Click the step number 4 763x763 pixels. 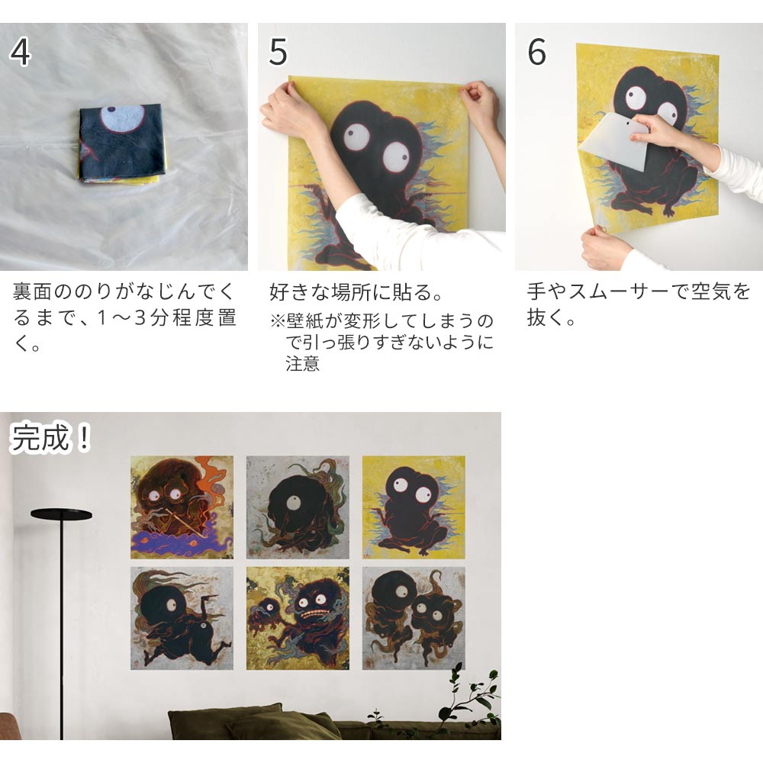pos(20,52)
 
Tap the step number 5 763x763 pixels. pos(278,52)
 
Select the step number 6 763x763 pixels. pos(536,52)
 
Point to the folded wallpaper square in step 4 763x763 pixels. pos(123,144)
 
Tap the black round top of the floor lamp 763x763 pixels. pos(61,514)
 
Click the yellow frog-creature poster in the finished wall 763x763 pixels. pos(414,507)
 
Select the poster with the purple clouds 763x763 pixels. pos(182,507)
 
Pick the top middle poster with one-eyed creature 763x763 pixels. pos(298,507)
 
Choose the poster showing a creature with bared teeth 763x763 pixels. pos(298,618)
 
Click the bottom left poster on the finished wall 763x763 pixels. pos(182,618)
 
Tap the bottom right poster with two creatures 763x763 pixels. pos(414,618)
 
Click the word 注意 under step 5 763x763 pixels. pos(302,364)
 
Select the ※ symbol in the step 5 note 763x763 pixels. pos(278,321)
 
